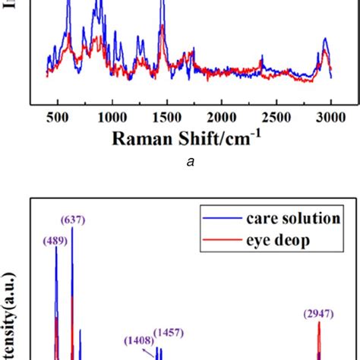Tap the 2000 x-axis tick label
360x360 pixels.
point(221,117)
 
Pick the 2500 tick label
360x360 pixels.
point(276,117)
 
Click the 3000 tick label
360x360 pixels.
point(330,117)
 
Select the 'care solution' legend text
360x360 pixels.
point(292,218)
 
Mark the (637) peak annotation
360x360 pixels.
point(75,220)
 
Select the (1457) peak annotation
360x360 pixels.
point(168,333)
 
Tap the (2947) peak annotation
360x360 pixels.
point(318,313)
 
